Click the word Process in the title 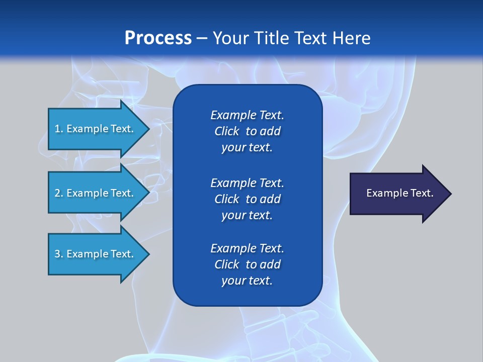(x=158, y=38)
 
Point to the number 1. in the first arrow (x=59, y=129)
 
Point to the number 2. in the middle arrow (x=59, y=193)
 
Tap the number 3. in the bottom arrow (x=59, y=254)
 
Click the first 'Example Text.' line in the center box (x=247, y=115)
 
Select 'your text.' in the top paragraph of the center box (x=247, y=147)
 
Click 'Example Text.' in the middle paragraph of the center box (x=247, y=183)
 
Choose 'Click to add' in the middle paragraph (x=247, y=199)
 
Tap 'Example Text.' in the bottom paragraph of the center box (x=247, y=248)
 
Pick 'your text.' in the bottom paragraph (x=247, y=281)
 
